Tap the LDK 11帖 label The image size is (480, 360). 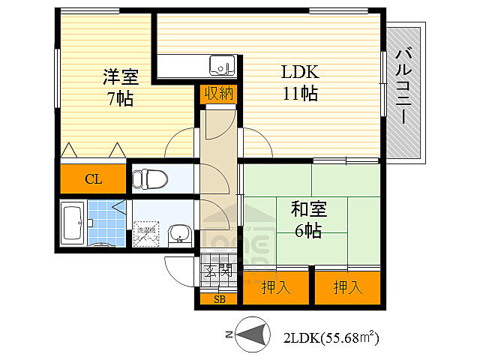click(300, 82)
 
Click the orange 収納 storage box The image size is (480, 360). click(218, 94)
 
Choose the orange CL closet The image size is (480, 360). click(94, 179)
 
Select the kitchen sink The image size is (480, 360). click(221, 66)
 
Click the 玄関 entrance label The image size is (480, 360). click(218, 271)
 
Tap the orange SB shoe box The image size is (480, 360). click(219, 299)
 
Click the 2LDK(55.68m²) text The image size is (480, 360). click(331, 337)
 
